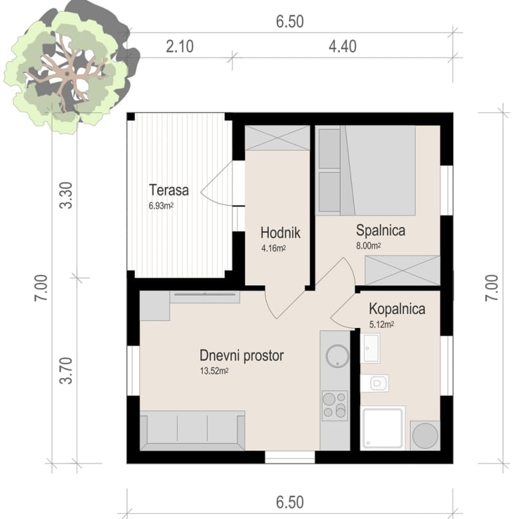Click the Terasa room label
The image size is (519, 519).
[169, 190]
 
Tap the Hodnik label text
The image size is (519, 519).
[280, 233]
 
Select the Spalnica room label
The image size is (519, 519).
[381, 230]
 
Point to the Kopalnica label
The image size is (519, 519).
[397, 309]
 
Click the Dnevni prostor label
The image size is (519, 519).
[242, 356]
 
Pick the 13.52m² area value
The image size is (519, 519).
[214, 371]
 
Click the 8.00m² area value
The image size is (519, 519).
[369, 246]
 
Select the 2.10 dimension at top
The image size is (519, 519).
[180, 47]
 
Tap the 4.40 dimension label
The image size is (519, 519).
[343, 47]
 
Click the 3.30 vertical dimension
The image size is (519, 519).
[66, 195]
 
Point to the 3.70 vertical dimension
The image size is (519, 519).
[66, 371]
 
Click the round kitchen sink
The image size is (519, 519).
[337, 356]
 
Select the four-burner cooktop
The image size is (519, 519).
[335, 406]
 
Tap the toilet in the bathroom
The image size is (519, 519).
[375, 383]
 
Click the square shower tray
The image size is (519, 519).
[383, 428]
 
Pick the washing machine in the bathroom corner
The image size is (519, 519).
[425, 435]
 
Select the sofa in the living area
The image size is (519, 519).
[192, 431]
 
